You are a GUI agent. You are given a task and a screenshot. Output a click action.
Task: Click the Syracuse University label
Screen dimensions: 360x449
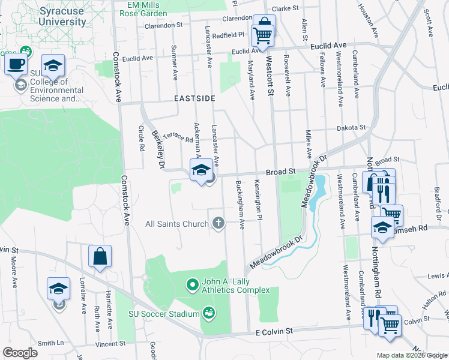coord(62,16)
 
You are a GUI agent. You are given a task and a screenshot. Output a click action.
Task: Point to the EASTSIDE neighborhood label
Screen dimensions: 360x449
coord(194,98)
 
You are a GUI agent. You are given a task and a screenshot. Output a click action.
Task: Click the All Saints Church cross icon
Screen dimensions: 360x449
coord(218,224)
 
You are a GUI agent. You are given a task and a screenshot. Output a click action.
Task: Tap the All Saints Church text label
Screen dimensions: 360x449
coord(176,224)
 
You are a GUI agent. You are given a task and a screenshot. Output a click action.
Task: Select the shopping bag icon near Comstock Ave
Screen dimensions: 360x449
coord(100,256)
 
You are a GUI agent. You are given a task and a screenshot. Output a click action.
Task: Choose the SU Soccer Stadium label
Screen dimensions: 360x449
coord(164,314)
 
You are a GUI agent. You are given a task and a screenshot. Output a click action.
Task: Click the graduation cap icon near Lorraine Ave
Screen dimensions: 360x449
coord(59,289)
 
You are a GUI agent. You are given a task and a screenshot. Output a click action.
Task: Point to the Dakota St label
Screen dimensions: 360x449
coord(351,128)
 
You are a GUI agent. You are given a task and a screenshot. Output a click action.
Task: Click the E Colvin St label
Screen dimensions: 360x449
coord(273,331)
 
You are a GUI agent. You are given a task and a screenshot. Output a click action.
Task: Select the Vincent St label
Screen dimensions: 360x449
coord(110,344)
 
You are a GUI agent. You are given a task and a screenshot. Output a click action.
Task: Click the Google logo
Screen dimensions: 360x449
coord(20,353)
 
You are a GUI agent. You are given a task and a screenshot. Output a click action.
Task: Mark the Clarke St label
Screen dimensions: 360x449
coord(285,8)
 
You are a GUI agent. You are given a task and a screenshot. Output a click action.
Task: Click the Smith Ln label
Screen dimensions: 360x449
coord(50,344)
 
